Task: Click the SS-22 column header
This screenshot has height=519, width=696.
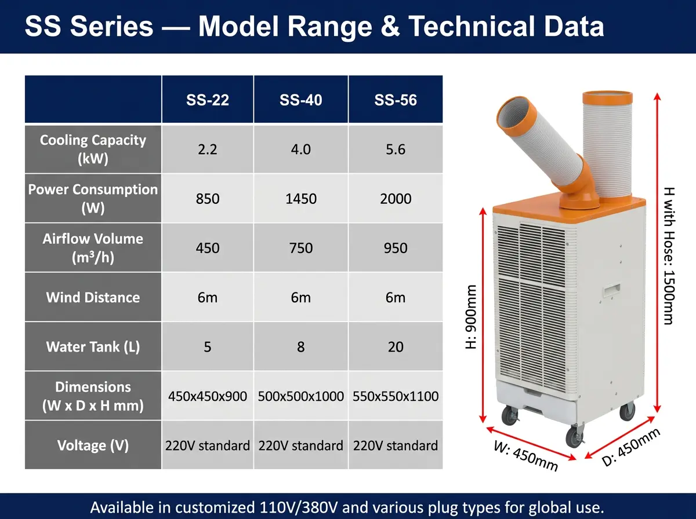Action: [208, 100]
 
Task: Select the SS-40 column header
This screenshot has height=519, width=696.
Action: [300, 100]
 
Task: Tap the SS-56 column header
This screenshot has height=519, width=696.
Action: [396, 100]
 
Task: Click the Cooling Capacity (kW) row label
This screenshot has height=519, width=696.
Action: [93, 149]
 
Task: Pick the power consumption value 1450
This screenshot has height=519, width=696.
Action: [301, 199]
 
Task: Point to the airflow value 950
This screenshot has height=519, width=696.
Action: [396, 248]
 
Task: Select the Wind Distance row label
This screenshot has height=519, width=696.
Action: [93, 297]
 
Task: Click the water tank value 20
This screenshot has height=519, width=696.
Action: [396, 347]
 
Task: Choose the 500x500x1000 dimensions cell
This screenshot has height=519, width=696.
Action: [300, 396]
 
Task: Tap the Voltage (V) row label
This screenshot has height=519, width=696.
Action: [93, 445]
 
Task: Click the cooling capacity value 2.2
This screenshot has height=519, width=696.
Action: [208, 149]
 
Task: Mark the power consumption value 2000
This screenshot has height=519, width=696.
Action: [396, 199]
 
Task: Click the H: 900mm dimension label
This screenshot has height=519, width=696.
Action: [471, 317]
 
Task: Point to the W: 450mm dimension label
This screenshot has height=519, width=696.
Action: [525, 456]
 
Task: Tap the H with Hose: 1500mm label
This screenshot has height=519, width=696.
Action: [669, 256]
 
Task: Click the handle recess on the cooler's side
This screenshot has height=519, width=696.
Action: [612, 290]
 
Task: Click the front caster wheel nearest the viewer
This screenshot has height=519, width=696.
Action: [575, 436]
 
